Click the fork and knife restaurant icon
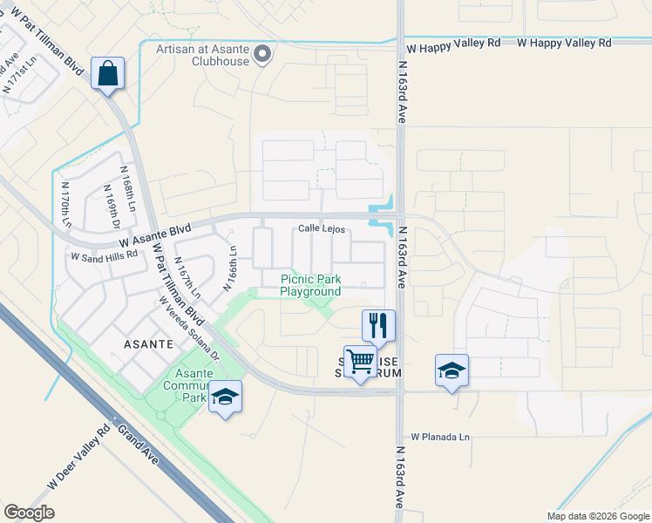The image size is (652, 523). [378, 326]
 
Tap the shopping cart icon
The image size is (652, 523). [360, 360]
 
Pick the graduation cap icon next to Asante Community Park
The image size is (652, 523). [225, 397]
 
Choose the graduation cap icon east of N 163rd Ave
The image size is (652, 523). [452, 370]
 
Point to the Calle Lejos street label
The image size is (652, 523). [323, 229]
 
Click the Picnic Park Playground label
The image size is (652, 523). [309, 286]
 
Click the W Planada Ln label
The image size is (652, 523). [440, 435]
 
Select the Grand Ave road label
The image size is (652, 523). [138, 443]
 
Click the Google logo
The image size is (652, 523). [29, 513]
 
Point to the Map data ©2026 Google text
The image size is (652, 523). [597, 516]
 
